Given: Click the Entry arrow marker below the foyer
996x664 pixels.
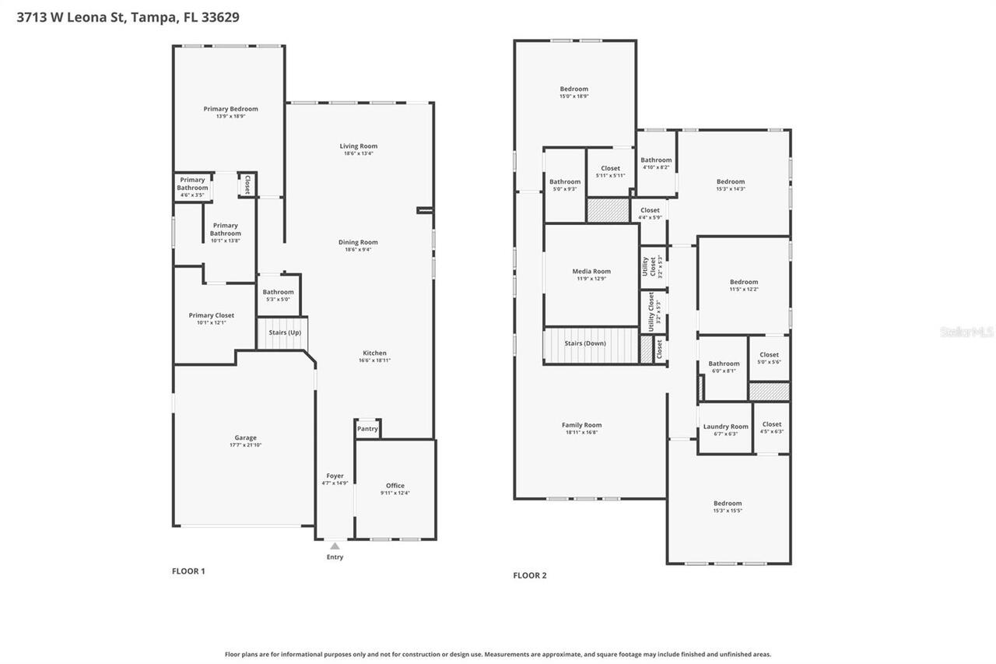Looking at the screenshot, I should pyautogui.click(x=335, y=546).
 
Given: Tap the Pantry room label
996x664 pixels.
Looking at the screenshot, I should pyautogui.click(x=367, y=429).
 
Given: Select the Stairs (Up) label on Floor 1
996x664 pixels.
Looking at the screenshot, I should pyautogui.click(x=284, y=332).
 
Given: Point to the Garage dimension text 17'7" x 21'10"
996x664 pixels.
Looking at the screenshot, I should pyautogui.click(x=246, y=445).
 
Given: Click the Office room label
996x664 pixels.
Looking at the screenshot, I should pyautogui.click(x=395, y=486).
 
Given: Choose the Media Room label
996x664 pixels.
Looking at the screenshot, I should pyautogui.click(x=591, y=272).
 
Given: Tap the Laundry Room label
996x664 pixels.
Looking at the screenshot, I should pyautogui.click(x=725, y=427).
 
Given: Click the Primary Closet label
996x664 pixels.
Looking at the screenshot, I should pyautogui.click(x=212, y=315).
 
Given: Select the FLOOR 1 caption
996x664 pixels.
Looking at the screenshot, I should pyautogui.click(x=188, y=571).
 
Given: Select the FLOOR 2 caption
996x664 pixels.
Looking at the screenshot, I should pyautogui.click(x=530, y=576).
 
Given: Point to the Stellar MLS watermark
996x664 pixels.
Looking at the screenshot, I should pyautogui.click(x=966, y=332).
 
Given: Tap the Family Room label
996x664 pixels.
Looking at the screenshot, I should pyautogui.click(x=581, y=425).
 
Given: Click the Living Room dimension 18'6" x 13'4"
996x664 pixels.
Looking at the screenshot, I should pyautogui.click(x=359, y=153).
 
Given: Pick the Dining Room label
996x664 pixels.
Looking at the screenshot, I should pyautogui.click(x=358, y=242).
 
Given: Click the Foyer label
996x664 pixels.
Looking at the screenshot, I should pyautogui.click(x=335, y=476).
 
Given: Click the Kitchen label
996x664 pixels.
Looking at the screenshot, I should pyautogui.click(x=374, y=353).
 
